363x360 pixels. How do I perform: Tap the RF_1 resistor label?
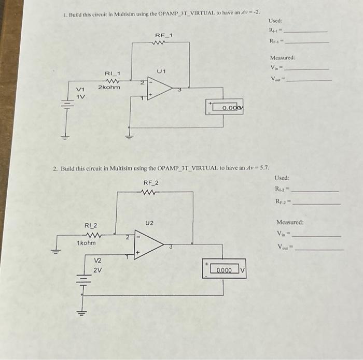[x=163, y=35]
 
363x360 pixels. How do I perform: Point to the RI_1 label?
[x=113, y=75]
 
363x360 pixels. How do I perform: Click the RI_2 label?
[x=91, y=225]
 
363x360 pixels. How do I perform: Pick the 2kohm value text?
[x=109, y=87]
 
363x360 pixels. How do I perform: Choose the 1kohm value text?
[x=86, y=243]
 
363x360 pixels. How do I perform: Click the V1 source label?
[x=81, y=90]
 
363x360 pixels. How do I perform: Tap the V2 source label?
[x=97, y=262]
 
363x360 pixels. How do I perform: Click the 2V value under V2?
[x=97, y=270]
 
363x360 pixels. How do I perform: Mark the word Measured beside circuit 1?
[x=282, y=58]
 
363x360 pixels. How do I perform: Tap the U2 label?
[x=150, y=223]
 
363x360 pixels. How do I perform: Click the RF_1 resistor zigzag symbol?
[x=162, y=44]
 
